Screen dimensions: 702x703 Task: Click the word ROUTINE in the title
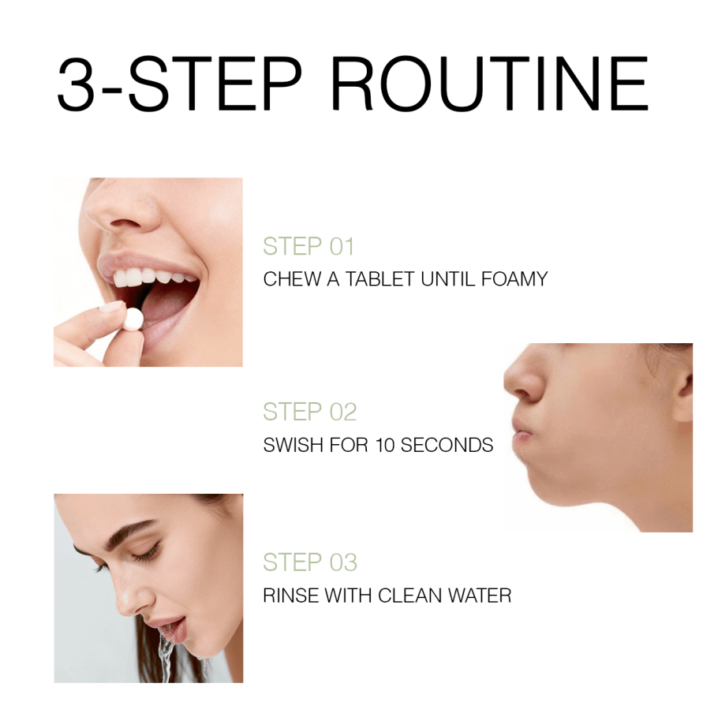[x=489, y=84]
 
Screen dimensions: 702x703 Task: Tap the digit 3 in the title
[x=78, y=84]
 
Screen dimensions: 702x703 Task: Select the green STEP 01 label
[x=308, y=246]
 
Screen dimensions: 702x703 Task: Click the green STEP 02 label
[x=309, y=412]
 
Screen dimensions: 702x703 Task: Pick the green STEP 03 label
[x=309, y=562]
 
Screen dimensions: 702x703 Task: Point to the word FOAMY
[x=514, y=279]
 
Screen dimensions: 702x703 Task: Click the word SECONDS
[x=447, y=445]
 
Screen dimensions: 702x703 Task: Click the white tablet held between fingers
[x=133, y=318]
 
